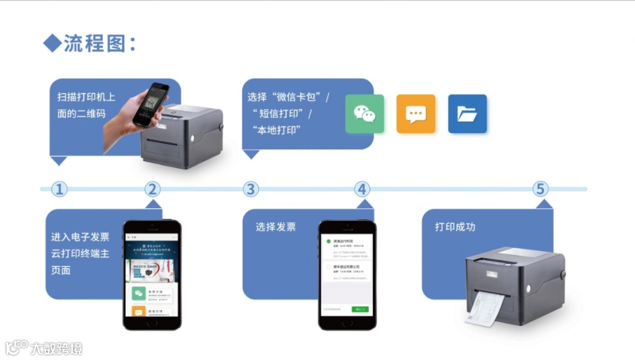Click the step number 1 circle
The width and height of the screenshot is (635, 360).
(x=59, y=189)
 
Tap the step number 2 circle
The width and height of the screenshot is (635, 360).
(x=152, y=189)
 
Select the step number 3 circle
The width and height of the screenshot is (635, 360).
(x=251, y=189)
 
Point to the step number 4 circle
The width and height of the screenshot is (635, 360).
(x=363, y=189)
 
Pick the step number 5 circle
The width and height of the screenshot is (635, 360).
(x=540, y=189)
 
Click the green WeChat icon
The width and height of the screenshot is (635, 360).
(x=364, y=114)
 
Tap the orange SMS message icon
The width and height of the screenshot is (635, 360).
(x=416, y=114)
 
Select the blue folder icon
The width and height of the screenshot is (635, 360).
(x=467, y=114)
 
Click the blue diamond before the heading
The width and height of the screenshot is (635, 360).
(x=52, y=43)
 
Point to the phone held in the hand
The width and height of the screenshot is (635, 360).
(x=151, y=105)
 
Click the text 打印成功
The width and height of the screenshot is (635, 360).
(x=455, y=226)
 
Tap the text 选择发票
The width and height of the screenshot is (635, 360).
(x=276, y=226)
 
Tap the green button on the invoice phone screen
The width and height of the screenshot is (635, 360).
(x=360, y=309)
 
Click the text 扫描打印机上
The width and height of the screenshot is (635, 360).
(x=86, y=97)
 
